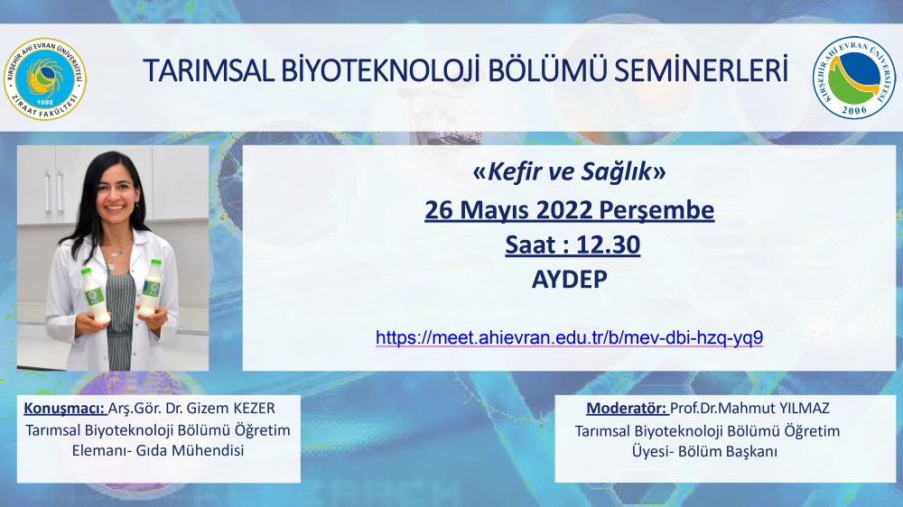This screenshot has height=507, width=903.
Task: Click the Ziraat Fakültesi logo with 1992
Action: [x=45, y=78]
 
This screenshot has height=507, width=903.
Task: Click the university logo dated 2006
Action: [x=854, y=78]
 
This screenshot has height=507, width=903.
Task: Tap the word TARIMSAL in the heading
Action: [x=209, y=70]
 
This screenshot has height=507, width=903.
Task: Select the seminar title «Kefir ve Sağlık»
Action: [x=569, y=171]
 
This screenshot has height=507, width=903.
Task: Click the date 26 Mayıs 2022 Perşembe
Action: [x=570, y=210]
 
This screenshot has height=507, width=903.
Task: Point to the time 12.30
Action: [x=608, y=244]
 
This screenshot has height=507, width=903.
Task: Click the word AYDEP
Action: [x=570, y=279]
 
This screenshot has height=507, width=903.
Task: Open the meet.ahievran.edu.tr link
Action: [x=569, y=337]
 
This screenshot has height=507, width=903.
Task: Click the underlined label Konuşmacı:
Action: [x=65, y=409]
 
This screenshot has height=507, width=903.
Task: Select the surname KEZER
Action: [x=254, y=408]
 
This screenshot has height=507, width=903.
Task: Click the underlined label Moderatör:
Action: [x=627, y=408]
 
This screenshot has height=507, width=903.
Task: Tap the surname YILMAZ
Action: [x=805, y=408]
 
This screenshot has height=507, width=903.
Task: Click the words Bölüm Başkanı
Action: [x=728, y=452]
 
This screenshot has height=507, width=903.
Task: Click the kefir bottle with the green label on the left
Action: [x=95, y=295]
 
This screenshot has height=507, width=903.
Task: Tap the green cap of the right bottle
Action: [x=155, y=263]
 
